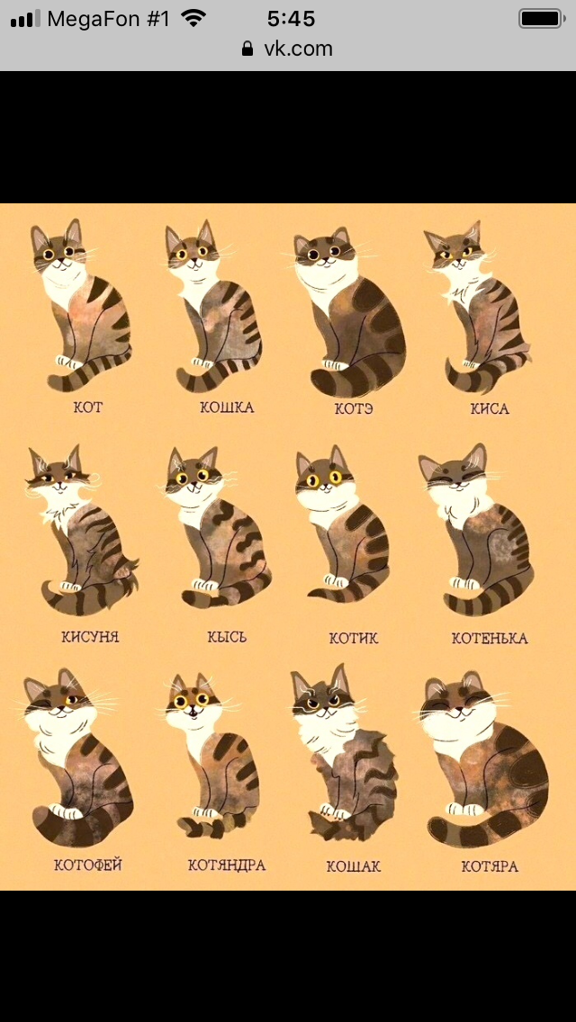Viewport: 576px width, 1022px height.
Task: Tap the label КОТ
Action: pos(88,408)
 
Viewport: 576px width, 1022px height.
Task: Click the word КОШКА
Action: pos(227,408)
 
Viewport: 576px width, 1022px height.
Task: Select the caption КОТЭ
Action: pos(354,408)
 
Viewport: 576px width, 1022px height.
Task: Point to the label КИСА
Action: pos(490,408)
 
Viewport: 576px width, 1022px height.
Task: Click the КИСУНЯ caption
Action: pos(91,636)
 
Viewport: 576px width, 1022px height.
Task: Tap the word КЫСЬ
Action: pos(227,636)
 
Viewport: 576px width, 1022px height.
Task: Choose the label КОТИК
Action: pos(354,638)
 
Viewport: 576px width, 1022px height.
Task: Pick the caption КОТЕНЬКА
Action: pos(490,638)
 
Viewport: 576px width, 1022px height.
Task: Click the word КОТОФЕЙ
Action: pos(88,865)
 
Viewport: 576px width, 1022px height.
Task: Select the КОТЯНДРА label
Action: pos(227,865)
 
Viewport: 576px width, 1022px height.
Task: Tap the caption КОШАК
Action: pos(354,866)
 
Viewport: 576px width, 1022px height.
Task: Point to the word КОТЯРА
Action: pos(490,866)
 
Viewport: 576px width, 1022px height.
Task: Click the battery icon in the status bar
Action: pos(542,18)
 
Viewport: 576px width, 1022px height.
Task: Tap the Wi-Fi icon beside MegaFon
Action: pos(193,18)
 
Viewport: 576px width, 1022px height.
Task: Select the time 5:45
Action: pos(291,19)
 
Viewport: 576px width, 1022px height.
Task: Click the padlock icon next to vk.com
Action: pos(247,49)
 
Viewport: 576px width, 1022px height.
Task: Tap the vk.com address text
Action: pos(298,49)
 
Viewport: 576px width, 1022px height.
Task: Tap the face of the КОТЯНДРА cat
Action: pos(193,703)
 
